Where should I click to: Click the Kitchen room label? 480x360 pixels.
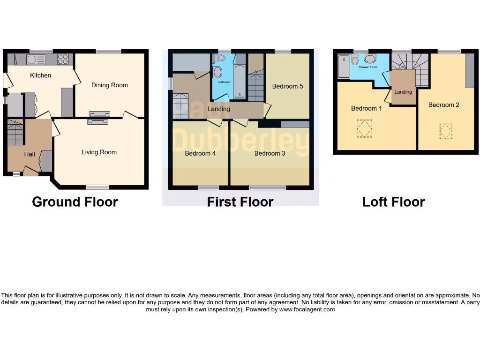(x=41, y=75)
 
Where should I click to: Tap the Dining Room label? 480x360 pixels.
(x=110, y=85)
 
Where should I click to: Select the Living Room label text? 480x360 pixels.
(x=99, y=152)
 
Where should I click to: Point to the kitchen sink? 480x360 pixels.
(x=36, y=60)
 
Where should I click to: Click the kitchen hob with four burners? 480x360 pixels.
(x=63, y=60)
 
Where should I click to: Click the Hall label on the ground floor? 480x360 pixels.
(x=30, y=154)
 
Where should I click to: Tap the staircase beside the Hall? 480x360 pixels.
(x=15, y=132)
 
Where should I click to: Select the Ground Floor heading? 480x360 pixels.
(x=75, y=202)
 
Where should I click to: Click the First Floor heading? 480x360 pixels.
(x=240, y=202)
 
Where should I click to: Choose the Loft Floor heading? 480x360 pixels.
(x=393, y=202)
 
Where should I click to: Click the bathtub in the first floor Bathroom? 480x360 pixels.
(x=239, y=82)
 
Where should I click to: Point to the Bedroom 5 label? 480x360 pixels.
(x=288, y=86)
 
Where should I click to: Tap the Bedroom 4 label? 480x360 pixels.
(x=200, y=153)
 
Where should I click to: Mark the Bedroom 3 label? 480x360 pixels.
(x=270, y=153)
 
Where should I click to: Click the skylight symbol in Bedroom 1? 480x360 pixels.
(x=364, y=128)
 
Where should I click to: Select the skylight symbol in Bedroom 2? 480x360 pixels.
(x=446, y=131)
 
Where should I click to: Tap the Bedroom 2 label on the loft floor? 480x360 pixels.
(x=444, y=105)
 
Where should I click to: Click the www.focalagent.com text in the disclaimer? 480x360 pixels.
(x=307, y=309)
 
